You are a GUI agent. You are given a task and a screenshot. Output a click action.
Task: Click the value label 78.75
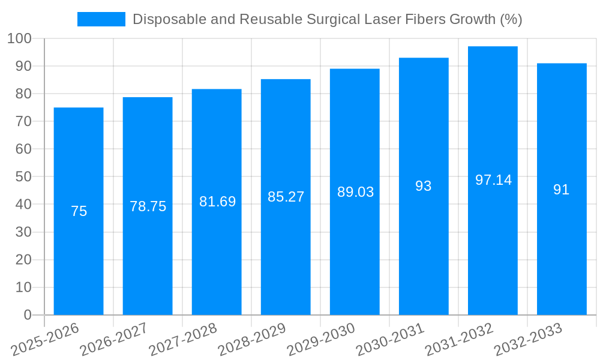(x=148, y=206)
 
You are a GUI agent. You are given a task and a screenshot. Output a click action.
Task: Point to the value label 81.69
(x=217, y=202)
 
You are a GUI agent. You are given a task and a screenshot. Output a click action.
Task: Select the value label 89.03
(x=355, y=192)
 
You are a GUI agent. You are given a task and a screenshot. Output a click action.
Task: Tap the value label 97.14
(x=493, y=180)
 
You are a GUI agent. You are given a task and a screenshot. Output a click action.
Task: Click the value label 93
(x=424, y=186)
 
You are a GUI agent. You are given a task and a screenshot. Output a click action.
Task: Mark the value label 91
(x=562, y=190)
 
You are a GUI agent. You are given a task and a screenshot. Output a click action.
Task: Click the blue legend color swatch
(x=101, y=19)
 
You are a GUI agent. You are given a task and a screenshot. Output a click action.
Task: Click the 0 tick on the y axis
(x=27, y=315)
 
